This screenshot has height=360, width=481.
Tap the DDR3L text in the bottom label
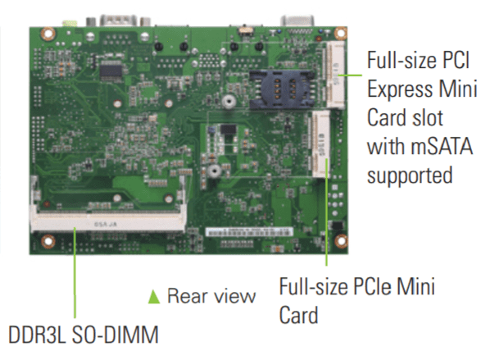pyautogui.click(x=36, y=335)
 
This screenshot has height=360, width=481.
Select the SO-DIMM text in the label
pyautogui.click(x=115, y=335)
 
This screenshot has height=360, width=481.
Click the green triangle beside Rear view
pyautogui.click(x=154, y=297)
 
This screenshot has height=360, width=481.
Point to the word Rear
pyautogui.click(x=186, y=296)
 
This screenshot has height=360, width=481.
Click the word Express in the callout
pyautogui.click(x=400, y=89)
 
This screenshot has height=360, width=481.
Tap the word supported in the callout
pyautogui.click(x=410, y=175)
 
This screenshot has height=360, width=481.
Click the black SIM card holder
pyautogui.click(x=282, y=89)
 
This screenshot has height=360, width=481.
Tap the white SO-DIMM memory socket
pyautogui.click(x=108, y=221)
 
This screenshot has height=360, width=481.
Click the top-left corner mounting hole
pyautogui.click(x=49, y=34)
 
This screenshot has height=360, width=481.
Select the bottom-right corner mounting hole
pyautogui.click(x=341, y=240)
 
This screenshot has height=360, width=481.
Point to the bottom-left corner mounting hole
pyautogui.click(x=48, y=241)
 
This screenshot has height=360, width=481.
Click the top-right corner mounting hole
pyautogui.click(x=341, y=33)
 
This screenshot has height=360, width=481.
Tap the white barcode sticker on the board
pyautogui.click(x=249, y=232)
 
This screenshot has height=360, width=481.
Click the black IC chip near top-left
pyautogui.click(x=111, y=71)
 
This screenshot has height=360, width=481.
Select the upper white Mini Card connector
pyautogui.click(x=335, y=75)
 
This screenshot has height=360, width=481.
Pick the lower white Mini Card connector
pyautogui.click(x=321, y=144)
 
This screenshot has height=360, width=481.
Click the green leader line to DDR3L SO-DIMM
pyautogui.click(x=75, y=272)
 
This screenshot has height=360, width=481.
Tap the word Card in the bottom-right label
pyautogui.click(x=298, y=315)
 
